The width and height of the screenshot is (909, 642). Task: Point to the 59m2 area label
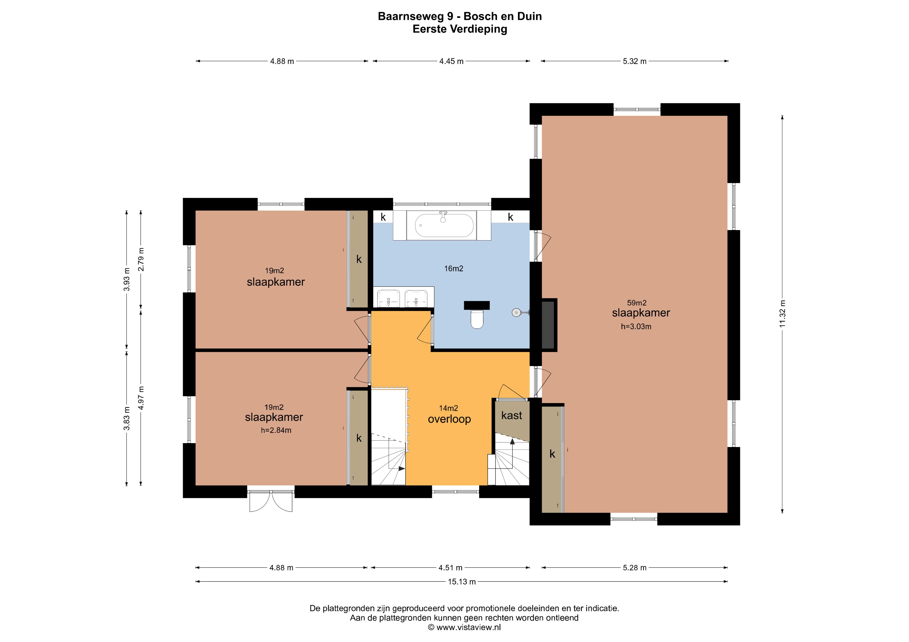pyautogui.click(x=637, y=303)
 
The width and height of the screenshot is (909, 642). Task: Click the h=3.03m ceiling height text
pyautogui.click(x=636, y=327)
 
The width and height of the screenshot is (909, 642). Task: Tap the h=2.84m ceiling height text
pyautogui.click(x=276, y=430)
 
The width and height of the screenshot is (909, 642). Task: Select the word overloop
pyautogui.click(x=449, y=419)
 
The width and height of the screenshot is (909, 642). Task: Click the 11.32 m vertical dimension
pyautogui.click(x=782, y=314)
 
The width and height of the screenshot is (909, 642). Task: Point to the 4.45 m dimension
pyautogui.click(x=451, y=61)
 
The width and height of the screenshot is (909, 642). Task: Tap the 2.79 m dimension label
pyautogui.click(x=141, y=259)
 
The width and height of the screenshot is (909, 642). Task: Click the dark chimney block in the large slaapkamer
pyautogui.click(x=549, y=324)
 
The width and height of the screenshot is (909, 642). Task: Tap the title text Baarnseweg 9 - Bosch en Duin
pyautogui.click(x=460, y=16)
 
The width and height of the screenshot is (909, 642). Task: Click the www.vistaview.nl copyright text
pyautogui.click(x=464, y=627)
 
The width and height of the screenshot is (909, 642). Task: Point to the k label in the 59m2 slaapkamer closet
pyautogui.click(x=552, y=454)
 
